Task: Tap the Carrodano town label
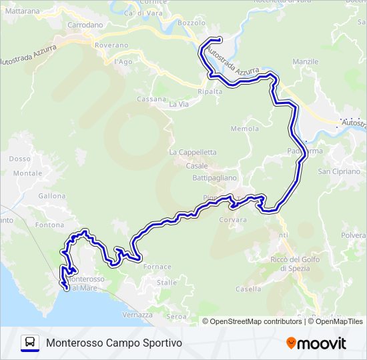tap(85, 25)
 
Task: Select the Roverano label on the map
tap(111, 45)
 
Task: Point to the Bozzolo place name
tap(192, 23)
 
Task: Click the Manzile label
tap(306, 61)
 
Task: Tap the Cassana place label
tap(151, 99)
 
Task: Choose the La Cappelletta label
tap(193, 152)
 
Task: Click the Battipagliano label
tap(215, 178)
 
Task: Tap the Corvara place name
tap(232, 219)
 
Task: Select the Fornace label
tap(157, 267)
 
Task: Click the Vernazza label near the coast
tap(138, 315)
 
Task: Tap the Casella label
tap(248, 289)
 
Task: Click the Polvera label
tap(354, 236)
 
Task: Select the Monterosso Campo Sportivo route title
tap(113, 343)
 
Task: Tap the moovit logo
tap(316, 343)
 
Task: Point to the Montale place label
tap(28, 173)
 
